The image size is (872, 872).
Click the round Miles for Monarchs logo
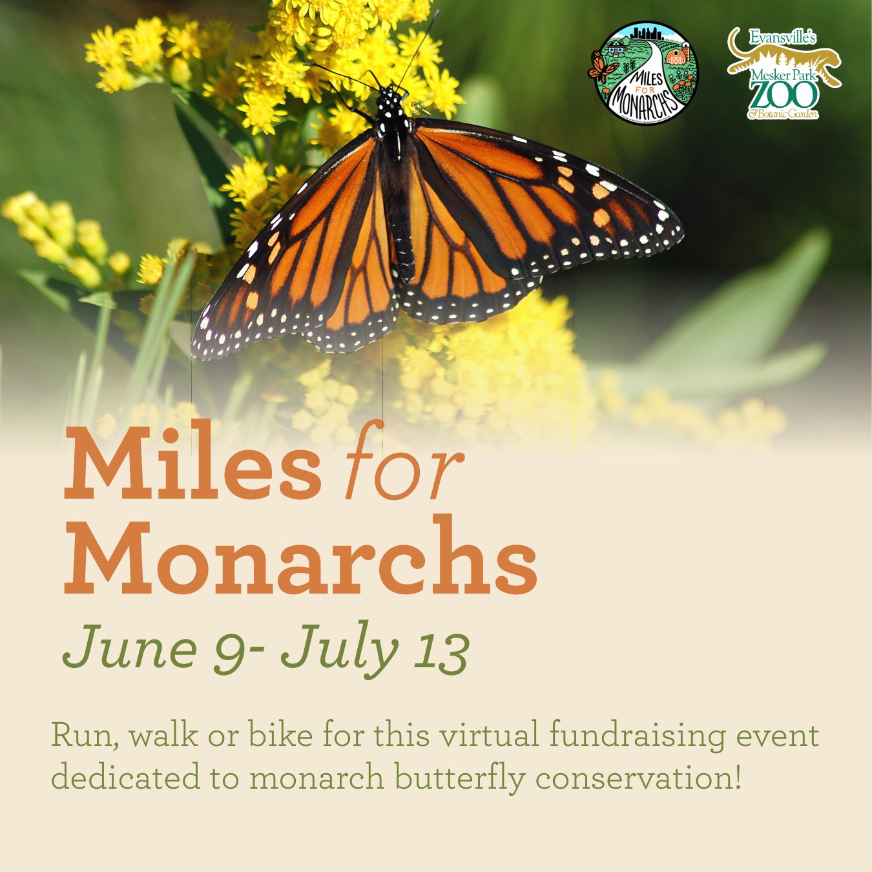643,73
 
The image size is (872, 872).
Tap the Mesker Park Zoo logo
784,73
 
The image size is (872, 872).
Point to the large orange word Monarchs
300,555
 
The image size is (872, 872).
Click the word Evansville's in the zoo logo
782,37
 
